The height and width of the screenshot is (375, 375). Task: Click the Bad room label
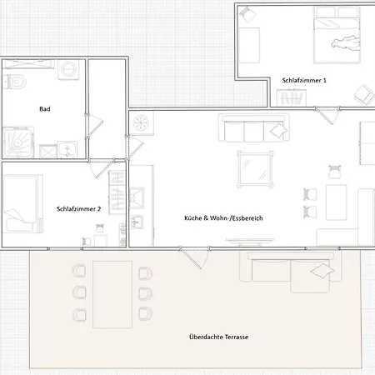(x=45, y=109)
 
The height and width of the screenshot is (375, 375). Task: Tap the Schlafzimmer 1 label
(x=304, y=80)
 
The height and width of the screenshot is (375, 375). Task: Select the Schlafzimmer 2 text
(x=78, y=209)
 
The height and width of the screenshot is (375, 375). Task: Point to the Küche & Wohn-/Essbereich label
(x=223, y=218)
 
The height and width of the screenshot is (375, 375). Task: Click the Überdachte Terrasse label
(x=219, y=337)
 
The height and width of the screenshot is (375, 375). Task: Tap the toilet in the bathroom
(x=15, y=82)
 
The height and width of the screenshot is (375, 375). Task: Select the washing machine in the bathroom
(x=68, y=69)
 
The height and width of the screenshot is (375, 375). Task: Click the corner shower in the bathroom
(x=18, y=142)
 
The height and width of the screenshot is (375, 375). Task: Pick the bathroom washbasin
(x=67, y=149)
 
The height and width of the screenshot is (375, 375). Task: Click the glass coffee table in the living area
(x=255, y=169)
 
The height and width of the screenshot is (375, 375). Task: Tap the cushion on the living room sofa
(x=279, y=130)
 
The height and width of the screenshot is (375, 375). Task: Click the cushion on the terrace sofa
(x=322, y=271)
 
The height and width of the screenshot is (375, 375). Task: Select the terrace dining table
(x=112, y=294)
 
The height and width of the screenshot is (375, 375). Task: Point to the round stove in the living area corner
(x=142, y=122)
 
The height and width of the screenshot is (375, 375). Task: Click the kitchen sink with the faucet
(x=137, y=222)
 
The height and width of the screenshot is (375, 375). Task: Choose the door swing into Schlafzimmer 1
(x=327, y=116)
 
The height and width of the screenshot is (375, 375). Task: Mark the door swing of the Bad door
(x=94, y=125)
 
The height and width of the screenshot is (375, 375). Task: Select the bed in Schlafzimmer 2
(x=22, y=203)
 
